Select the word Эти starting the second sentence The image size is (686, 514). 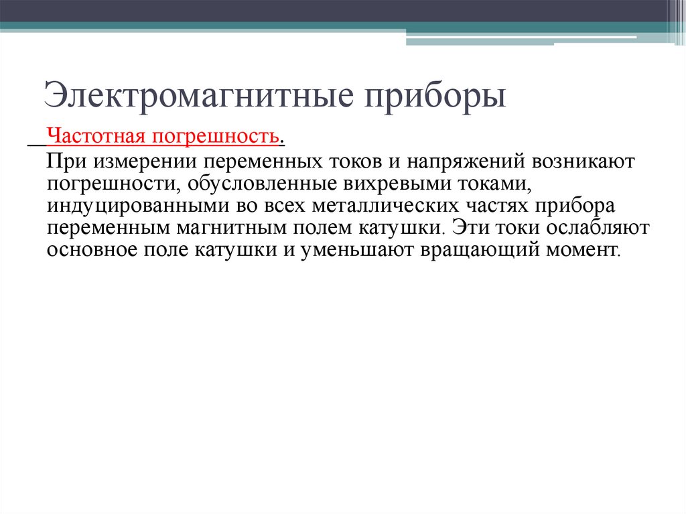click(470, 227)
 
